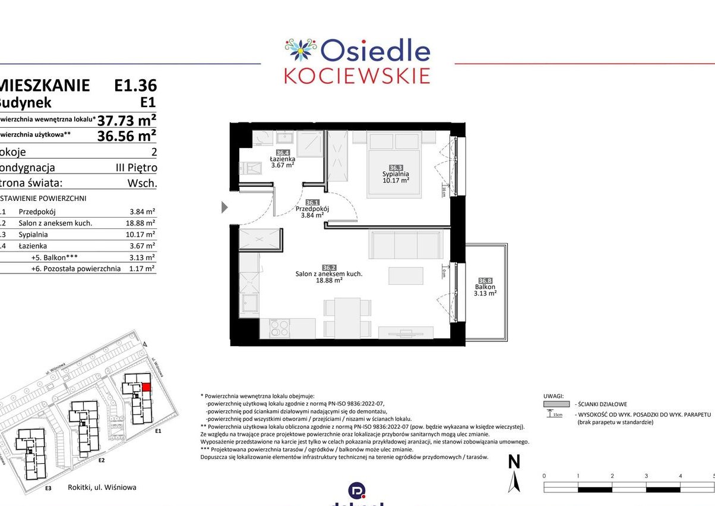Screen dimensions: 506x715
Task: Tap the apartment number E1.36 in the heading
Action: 135,85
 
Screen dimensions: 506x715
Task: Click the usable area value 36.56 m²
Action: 127,136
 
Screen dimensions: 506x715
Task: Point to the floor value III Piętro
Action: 136,168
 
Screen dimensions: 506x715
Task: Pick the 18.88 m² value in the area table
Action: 142,223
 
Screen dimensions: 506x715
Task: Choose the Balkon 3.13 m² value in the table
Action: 142,257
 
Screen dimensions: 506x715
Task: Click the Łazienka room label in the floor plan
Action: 283,159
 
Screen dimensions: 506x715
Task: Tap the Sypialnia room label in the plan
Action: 396,174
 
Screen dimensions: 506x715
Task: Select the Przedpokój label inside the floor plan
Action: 312,209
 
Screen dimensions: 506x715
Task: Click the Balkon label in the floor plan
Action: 485,287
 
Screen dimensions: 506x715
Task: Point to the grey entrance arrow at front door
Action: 224,207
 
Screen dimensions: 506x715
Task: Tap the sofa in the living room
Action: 406,244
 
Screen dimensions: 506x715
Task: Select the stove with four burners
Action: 279,328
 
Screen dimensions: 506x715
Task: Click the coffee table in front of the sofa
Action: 406,276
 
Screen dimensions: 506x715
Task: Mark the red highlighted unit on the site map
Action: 146,388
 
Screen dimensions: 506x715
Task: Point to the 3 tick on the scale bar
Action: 646,476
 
